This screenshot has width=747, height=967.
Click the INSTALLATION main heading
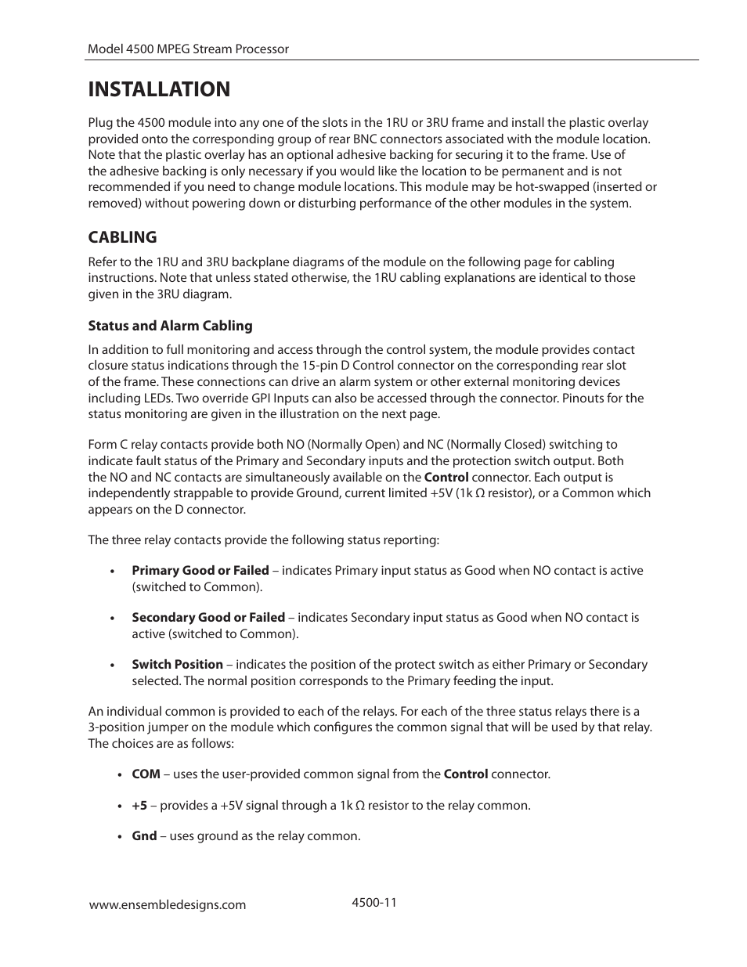(x=159, y=89)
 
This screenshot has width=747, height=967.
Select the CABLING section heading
(x=122, y=236)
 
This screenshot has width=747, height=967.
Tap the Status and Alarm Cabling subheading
(x=170, y=326)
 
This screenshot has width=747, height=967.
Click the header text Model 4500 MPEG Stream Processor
(x=188, y=49)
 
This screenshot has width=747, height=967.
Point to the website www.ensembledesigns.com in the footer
(x=168, y=904)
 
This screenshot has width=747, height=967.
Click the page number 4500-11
(x=374, y=902)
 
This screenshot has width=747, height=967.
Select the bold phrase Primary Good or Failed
(x=200, y=571)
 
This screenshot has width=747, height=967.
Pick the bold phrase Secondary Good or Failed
(x=208, y=618)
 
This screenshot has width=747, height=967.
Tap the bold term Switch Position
(x=177, y=665)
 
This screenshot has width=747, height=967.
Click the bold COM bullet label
(x=146, y=774)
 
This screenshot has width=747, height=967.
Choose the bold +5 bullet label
(x=139, y=806)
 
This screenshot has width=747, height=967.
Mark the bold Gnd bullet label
(x=144, y=836)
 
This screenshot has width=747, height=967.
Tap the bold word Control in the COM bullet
(x=465, y=774)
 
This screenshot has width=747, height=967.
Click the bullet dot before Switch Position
(x=114, y=666)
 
